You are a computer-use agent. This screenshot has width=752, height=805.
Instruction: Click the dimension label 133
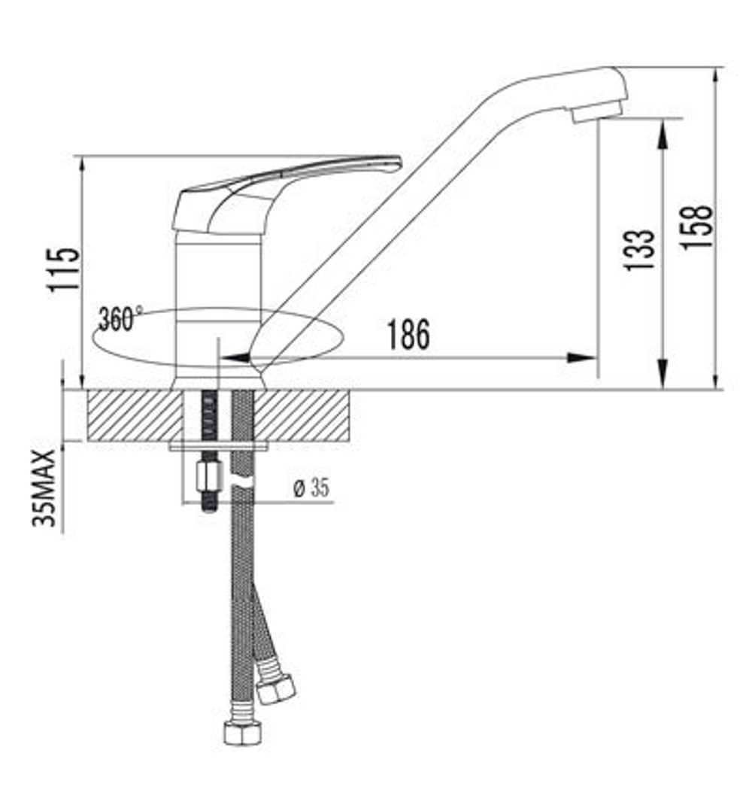(639, 250)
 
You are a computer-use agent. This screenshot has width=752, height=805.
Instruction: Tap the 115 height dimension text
(63, 269)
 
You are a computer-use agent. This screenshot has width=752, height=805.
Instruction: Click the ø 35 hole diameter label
(311, 488)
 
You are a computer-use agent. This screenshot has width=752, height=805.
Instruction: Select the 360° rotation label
(119, 319)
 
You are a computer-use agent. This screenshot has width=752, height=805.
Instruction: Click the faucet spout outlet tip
(596, 114)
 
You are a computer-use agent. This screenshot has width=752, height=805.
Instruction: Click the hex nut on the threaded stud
(207, 476)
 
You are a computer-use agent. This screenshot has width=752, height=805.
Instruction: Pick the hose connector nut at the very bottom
(242, 732)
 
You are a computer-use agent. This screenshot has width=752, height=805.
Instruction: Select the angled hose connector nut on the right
(275, 688)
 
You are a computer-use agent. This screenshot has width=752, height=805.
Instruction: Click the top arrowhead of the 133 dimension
(663, 132)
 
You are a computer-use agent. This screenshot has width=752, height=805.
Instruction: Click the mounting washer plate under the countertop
(218, 447)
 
